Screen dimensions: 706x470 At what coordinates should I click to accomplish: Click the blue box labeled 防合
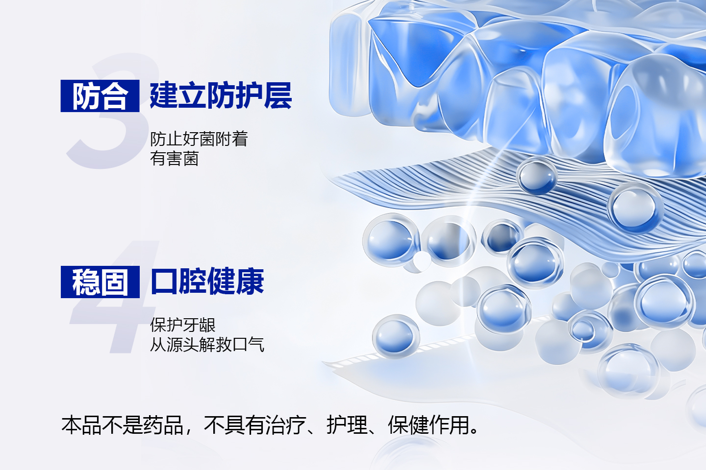pyautogui.click(x=100, y=95)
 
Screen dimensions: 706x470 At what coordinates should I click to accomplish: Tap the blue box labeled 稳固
pyautogui.click(x=100, y=282)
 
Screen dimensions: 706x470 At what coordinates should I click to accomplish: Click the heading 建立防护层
pyautogui.click(x=221, y=95)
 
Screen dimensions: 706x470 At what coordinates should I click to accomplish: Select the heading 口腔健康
pyautogui.click(x=207, y=281)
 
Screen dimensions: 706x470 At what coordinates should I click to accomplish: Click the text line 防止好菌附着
pyautogui.click(x=199, y=139)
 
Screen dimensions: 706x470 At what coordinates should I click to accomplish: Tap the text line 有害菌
pyautogui.click(x=175, y=158)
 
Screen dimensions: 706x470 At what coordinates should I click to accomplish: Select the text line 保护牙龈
pyautogui.click(x=183, y=325)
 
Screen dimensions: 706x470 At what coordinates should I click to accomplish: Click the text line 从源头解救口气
pyautogui.click(x=207, y=344)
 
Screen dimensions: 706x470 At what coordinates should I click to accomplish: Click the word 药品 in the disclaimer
pyautogui.click(x=163, y=425)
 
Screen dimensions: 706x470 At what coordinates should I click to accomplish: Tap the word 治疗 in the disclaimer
pyautogui.click(x=285, y=425)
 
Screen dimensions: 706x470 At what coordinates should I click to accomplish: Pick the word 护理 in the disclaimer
pyautogui.click(x=347, y=425)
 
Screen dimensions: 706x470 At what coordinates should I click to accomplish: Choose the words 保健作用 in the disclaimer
pyautogui.click(x=429, y=425)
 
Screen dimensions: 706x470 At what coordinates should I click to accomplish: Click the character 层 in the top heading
pyautogui.click(x=278, y=95)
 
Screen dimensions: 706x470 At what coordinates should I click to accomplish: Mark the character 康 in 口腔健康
pyautogui.click(x=250, y=281)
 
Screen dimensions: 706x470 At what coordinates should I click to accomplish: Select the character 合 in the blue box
pyautogui.click(x=115, y=96)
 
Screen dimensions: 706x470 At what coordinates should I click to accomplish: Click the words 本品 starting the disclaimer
pyautogui.click(x=81, y=425)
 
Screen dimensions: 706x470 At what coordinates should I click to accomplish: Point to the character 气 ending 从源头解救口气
pyautogui.click(x=256, y=344)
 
